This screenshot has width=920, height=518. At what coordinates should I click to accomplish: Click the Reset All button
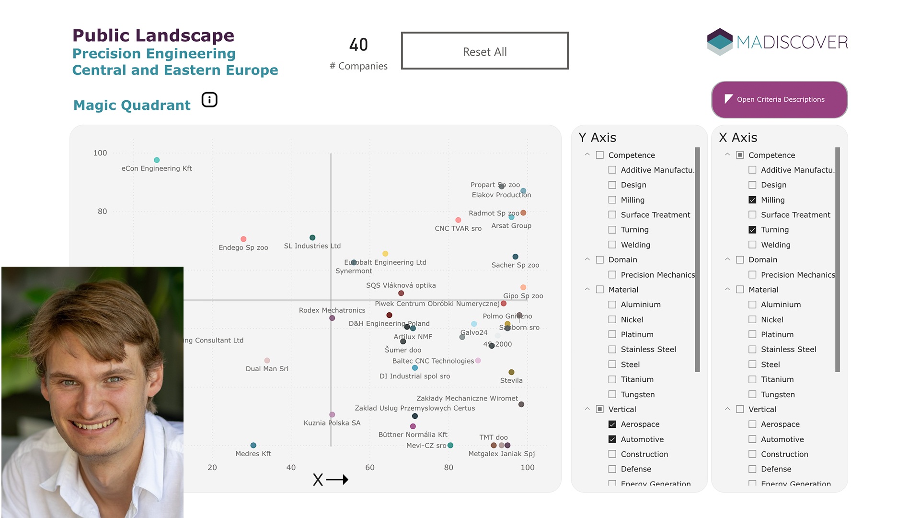coord(484,51)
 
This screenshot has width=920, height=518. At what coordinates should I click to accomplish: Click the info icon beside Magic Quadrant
coord(209,100)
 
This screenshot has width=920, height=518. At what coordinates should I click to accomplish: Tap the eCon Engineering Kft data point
coord(157,160)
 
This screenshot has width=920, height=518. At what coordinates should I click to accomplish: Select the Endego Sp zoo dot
coord(243,239)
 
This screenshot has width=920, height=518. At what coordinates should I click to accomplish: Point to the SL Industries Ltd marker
coord(312,237)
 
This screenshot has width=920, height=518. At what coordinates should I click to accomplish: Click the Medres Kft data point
coord(253,446)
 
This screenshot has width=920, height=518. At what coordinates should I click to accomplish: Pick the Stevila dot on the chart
coord(511,372)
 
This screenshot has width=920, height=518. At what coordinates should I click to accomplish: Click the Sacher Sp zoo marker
coord(515,257)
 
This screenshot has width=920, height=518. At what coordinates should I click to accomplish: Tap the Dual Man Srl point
coord(267,361)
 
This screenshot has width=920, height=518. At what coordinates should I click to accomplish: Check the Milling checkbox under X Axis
coord(752,200)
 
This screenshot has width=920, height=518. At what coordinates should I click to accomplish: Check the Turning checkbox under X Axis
coord(752,230)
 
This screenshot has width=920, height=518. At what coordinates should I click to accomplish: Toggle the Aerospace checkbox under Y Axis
coord(612,424)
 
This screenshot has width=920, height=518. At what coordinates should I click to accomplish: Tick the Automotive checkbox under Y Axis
coord(612,439)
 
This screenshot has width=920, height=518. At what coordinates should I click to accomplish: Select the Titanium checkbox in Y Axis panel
coord(612,379)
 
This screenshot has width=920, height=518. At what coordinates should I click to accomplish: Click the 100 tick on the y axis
coord(100,153)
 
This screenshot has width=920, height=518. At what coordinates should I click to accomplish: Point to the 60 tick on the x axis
coord(370,467)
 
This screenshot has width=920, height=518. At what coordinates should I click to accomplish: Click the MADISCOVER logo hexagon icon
coord(720,42)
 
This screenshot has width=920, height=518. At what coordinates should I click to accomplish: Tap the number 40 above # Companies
coord(358,45)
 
